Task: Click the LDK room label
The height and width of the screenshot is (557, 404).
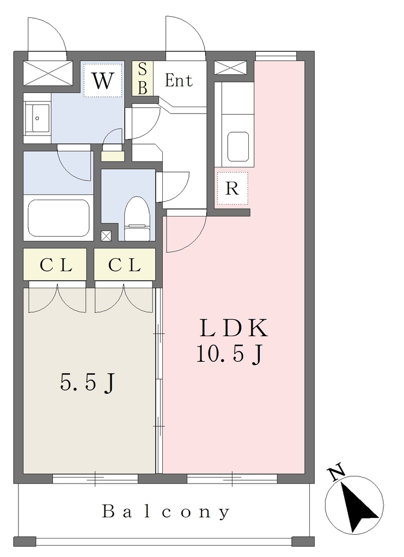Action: tap(233, 328)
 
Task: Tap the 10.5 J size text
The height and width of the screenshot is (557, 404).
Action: tap(230, 354)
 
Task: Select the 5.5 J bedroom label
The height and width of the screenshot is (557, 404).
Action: tap(88, 383)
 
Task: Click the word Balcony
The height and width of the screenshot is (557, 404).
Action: tap(166, 512)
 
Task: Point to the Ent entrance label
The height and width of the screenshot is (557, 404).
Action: tap(179, 81)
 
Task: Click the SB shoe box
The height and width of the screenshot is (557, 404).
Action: tap(143, 78)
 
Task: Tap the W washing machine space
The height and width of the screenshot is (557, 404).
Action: tap(103, 80)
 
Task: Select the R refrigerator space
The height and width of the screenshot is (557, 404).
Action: tap(232, 188)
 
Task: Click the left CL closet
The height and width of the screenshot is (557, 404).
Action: tap(55, 264)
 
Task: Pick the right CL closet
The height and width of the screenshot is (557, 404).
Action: tap(125, 264)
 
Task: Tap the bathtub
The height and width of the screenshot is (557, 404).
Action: tap(59, 218)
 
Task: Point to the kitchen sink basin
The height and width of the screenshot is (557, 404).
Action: tap(238, 147)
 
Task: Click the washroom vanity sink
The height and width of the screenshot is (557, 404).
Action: tap(37, 118)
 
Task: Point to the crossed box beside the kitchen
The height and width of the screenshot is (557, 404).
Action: tap(230, 68)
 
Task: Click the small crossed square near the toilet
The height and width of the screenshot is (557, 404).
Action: tap(106, 236)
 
